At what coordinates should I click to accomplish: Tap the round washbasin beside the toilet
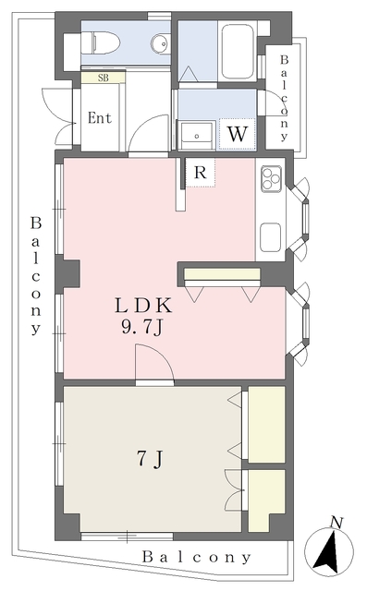[x=161, y=42]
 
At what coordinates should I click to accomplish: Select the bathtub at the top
[x=238, y=52]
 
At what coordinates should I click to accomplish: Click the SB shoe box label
[x=103, y=78]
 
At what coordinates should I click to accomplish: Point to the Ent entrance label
[x=100, y=118]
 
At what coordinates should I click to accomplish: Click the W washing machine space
[x=238, y=134]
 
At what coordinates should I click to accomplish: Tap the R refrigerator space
[x=201, y=173]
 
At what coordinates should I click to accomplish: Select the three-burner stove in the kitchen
[x=271, y=178]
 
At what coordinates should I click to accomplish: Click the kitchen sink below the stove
[x=270, y=237]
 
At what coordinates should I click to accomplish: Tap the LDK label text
[x=143, y=306]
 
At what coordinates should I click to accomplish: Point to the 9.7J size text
[x=142, y=328]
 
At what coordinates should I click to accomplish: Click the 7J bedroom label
[x=150, y=459]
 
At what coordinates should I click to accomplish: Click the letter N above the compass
[x=336, y=523]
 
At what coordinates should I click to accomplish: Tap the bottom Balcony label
[x=196, y=558]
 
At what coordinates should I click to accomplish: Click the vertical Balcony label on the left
[x=36, y=275]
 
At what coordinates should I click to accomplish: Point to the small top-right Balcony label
[x=285, y=99]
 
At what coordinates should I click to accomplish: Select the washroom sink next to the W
[x=197, y=136]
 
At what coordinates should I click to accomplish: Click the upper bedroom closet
[x=266, y=425]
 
